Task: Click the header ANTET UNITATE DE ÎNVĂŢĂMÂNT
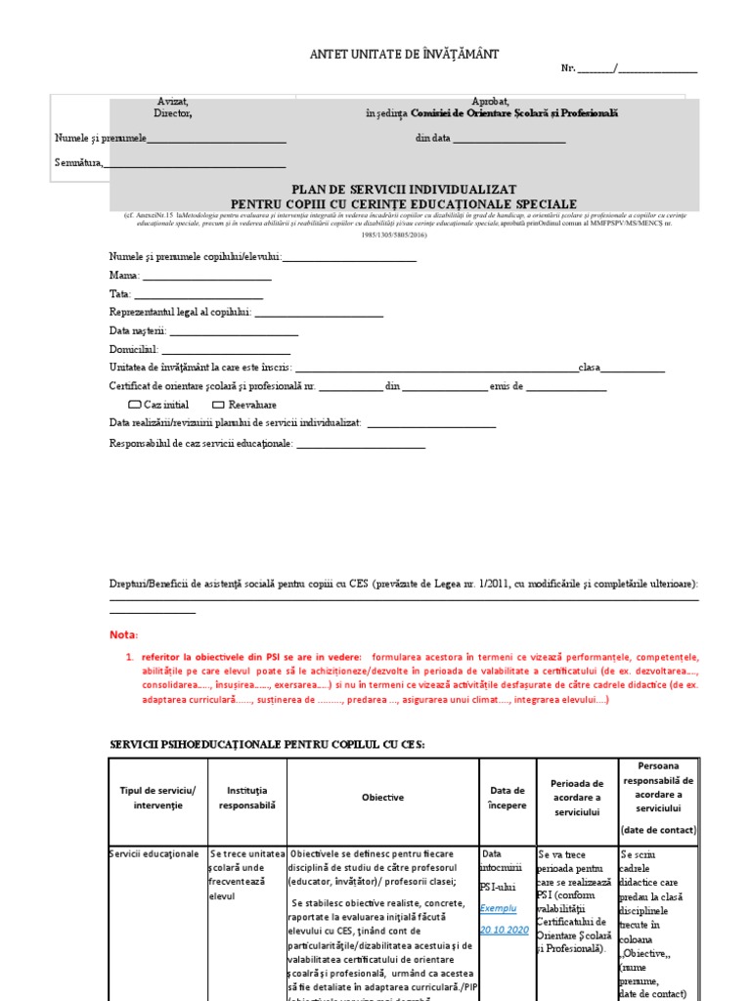point(404,55)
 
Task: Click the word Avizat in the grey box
point(172,102)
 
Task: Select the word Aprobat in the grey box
point(490,102)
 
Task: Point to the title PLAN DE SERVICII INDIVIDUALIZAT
point(404,189)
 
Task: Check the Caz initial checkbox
point(135,404)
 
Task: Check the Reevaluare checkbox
point(219,404)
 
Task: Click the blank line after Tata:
point(199,294)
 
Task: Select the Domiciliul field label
point(133,349)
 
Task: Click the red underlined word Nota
point(124,634)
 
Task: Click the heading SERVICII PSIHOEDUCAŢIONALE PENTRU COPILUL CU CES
point(267,745)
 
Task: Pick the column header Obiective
point(382,798)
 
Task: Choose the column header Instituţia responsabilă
point(246,798)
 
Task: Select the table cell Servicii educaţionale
point(154,854)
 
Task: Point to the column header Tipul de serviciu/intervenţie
point(157,798)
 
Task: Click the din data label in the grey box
point(433,139)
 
